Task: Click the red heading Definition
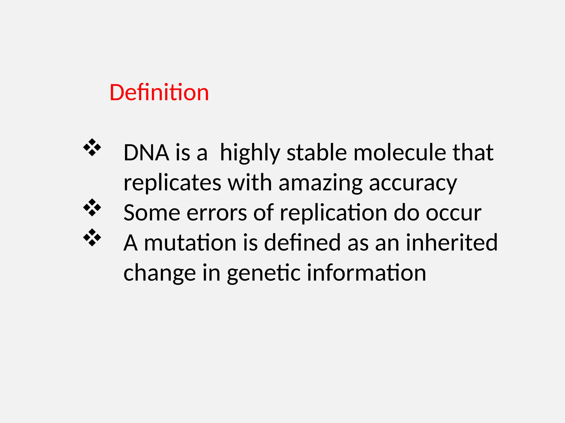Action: pos(159,93)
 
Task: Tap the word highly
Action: pos(250,153)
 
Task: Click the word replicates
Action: pos(172,183)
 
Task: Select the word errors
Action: pos(217,213)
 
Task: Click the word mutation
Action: pos(190,243)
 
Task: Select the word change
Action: pos(159,273)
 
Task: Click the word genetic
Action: pos(263,273)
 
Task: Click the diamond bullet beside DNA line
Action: pos(92,148)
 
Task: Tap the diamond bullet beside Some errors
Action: pos(92,207)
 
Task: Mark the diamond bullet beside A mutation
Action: pos(92,237)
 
